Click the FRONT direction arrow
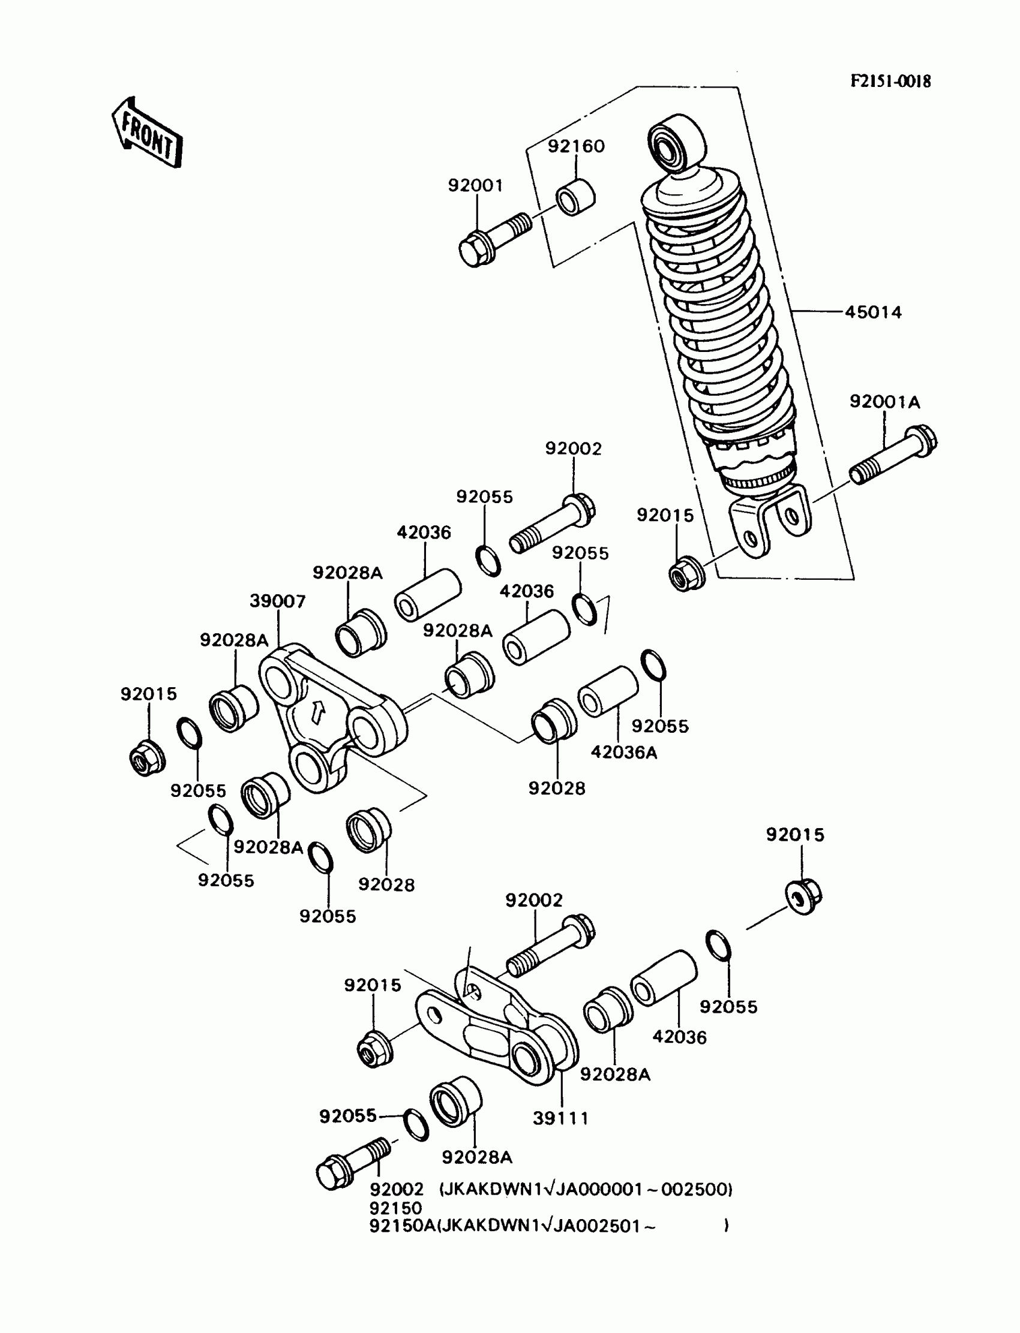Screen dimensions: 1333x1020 148,132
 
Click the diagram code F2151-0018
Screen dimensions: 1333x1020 890,82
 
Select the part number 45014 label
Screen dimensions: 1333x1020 873,312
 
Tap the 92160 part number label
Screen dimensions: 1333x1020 576,146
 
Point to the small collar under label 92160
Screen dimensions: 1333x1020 575,197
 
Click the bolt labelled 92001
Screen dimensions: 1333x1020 493,239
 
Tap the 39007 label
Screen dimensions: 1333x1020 277,601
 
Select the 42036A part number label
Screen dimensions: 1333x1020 623,753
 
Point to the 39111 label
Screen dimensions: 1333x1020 561,1118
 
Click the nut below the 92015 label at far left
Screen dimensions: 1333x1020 147,759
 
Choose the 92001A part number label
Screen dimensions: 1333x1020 884,402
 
